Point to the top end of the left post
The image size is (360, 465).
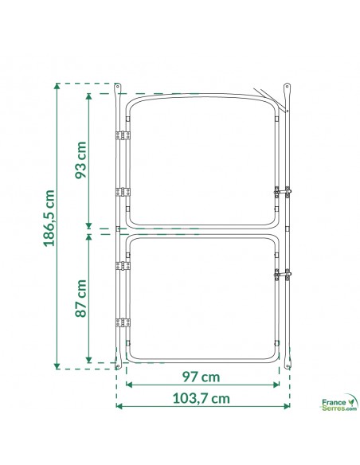(x=118, y=86)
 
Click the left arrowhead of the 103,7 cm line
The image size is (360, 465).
(x=119, y=405)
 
